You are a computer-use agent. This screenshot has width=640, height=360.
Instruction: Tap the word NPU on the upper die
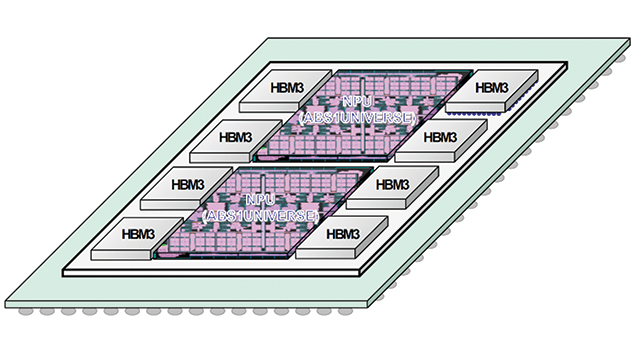click(356, 102)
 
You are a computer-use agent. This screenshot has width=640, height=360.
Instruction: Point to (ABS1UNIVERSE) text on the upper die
click(356, 117)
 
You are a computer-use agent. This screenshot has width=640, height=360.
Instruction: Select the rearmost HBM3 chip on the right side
click(490, 89)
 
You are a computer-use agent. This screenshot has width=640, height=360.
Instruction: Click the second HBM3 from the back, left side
click(235, 137)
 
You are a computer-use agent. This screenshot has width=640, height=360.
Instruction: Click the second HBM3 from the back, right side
click(440, 137)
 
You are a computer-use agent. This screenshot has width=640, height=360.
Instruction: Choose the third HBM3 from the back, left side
click(186, 186)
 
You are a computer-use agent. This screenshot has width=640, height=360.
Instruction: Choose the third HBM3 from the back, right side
click(391, 186)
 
